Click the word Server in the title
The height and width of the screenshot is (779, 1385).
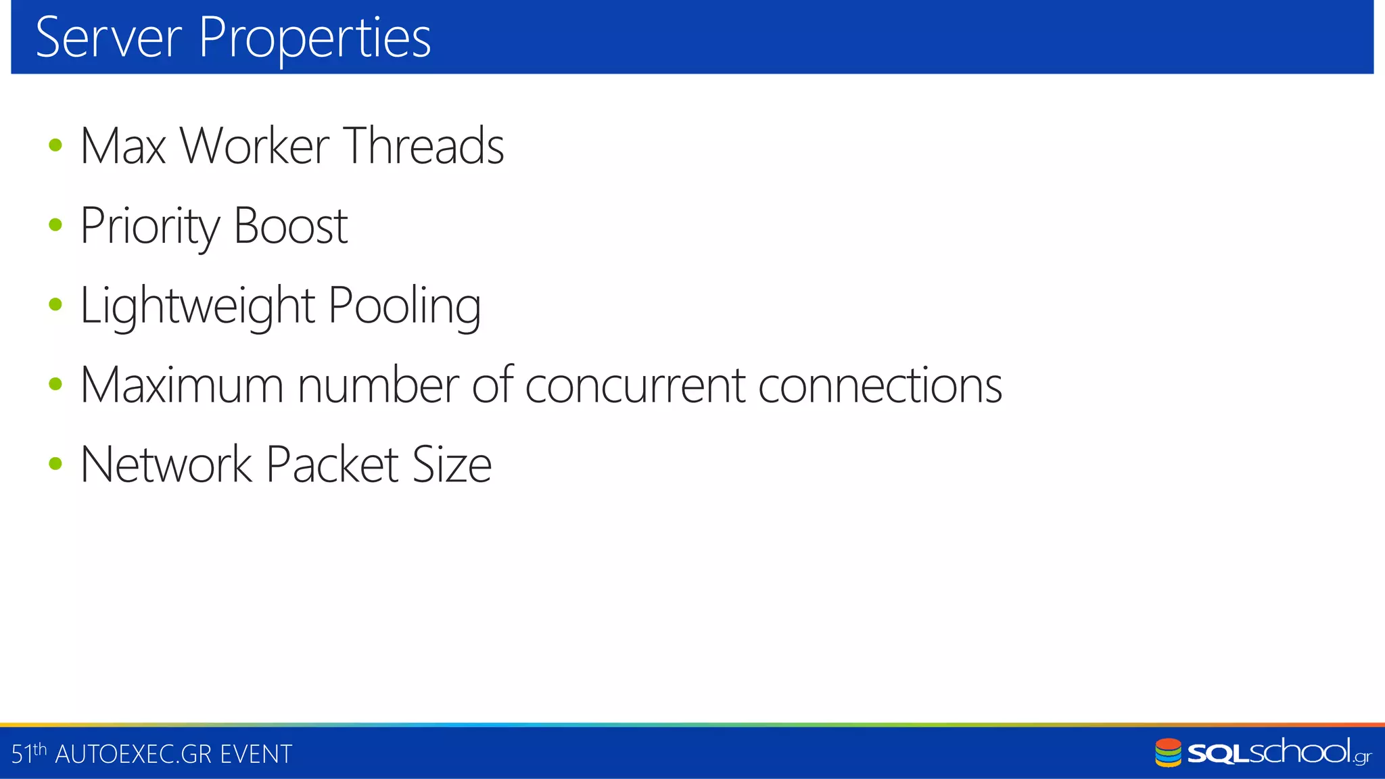[108, 38]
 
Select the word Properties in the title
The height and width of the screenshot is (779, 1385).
[314, 39]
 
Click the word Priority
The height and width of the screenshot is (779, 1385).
[149, 226]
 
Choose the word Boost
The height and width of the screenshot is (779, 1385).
[291, 226]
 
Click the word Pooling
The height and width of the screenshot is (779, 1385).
[404, 306]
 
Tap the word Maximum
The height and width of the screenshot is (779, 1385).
[181, 385]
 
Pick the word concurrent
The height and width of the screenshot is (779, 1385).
[635, 385]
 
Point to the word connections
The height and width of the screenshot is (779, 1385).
[880, 385]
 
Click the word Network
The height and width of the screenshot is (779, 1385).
[166, 465]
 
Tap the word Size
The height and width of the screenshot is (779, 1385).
[452, 465]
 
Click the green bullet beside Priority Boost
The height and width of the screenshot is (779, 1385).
[55, 225]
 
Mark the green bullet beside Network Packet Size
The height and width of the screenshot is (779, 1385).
[55, 464]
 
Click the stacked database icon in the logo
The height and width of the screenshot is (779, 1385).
[1168, 753]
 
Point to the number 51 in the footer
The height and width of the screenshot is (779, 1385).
[22, 754]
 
